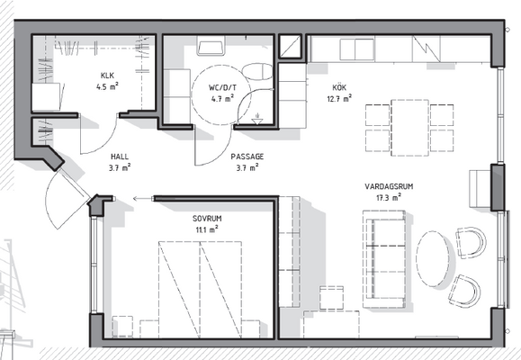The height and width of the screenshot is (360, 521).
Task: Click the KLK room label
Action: tap(107, 76)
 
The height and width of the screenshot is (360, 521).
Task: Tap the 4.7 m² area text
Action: tap(222, 99)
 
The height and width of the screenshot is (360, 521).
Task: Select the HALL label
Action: tap(120, 157)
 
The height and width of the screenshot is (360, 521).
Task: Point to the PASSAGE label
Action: tap(247, 157)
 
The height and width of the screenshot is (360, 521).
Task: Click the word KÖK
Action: tap(339, 87)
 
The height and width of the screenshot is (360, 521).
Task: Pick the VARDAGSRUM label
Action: tap(389, 186)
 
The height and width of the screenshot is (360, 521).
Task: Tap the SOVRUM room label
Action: tap(207, 219)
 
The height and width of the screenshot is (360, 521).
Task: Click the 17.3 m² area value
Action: tap(389, 197)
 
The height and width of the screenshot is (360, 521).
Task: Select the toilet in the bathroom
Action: tap(256, 71)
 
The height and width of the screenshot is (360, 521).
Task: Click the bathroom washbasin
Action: tap(211, 46)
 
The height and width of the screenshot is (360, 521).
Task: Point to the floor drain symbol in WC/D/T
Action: tap(256, 120)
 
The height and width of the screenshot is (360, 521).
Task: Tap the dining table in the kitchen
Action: tap(409, 128)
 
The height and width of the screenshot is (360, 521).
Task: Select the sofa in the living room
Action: tap(384, 259)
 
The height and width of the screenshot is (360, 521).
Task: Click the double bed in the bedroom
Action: tap(200, 290)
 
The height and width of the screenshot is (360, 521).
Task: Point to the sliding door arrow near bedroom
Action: tap(142, 199)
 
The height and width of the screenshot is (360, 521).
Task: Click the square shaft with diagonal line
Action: tap(290, 46)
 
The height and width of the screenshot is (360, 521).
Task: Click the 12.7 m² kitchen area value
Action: tap(339, 98)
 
